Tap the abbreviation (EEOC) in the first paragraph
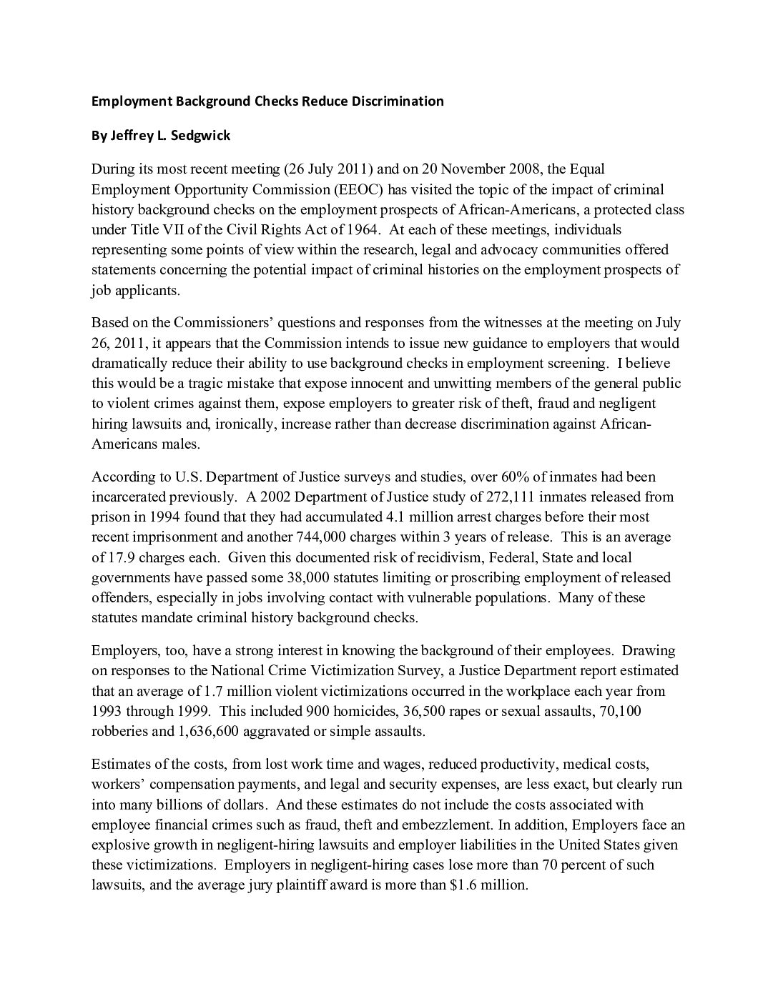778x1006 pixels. [359, 189]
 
